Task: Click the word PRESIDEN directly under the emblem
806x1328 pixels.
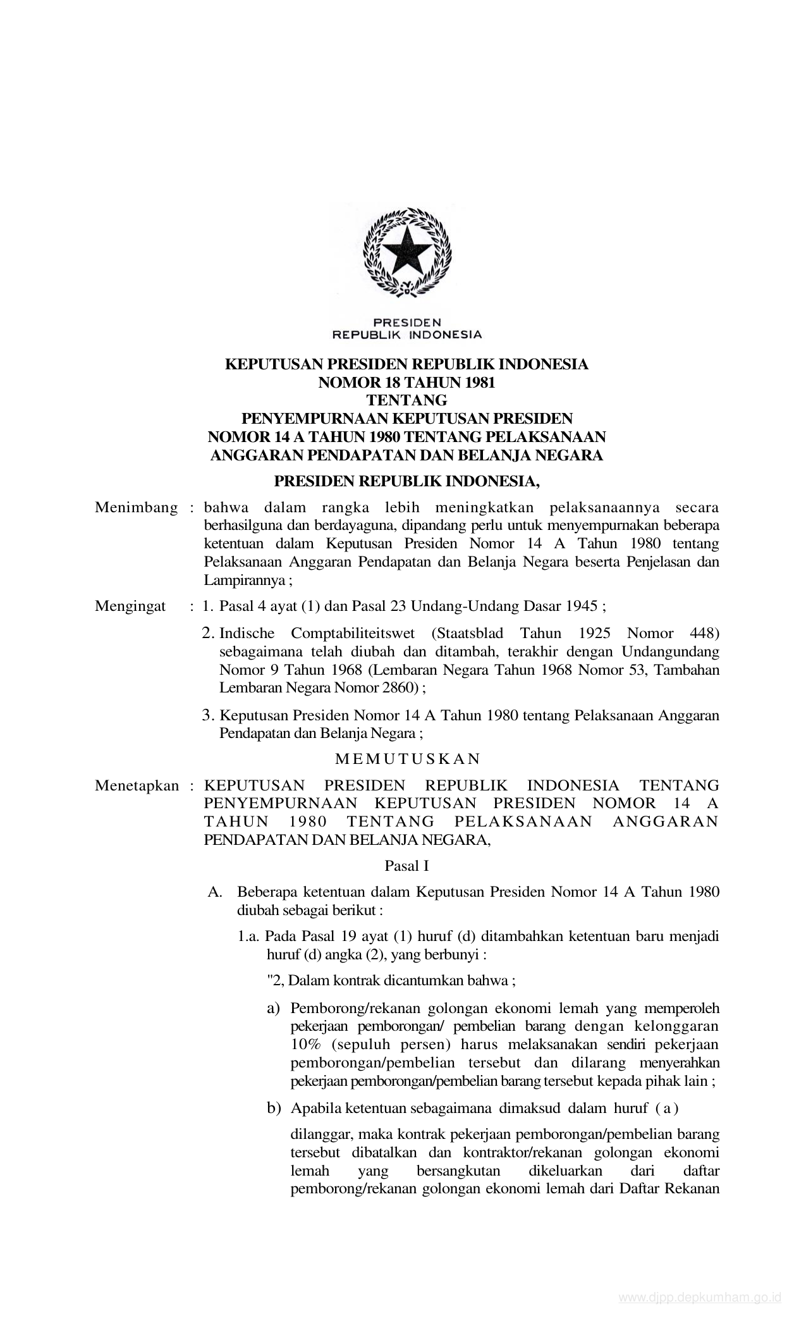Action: (407, 322)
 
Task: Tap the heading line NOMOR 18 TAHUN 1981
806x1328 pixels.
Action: (407, 382)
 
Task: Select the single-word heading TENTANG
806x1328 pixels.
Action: (407, 400)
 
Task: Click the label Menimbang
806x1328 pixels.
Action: (136, 508)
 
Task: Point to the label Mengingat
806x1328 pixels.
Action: (130, 606)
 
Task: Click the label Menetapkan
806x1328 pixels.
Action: (137, 785)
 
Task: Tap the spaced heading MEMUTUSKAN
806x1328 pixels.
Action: (408, 758)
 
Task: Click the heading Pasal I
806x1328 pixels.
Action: (407, 866)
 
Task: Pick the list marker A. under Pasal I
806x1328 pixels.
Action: (215, 892)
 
